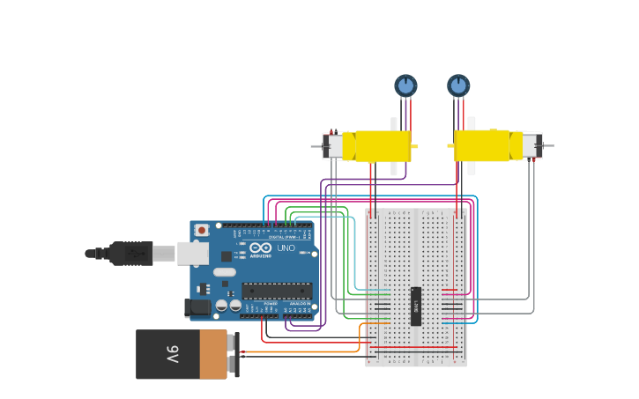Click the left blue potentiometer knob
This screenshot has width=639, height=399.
point(405,85)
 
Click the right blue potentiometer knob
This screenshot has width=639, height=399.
point(458,85)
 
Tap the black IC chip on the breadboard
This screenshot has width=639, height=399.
point(416,307)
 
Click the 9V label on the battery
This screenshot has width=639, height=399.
point(172,354)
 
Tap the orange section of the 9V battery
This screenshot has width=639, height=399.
point(212,354)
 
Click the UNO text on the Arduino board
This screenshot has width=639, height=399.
point(286,248)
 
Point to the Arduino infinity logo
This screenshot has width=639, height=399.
point(261,248)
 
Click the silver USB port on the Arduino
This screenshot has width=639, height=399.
point(193,254)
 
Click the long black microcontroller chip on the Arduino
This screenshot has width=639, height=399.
point(277,291)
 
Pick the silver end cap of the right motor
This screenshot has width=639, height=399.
point(531,145)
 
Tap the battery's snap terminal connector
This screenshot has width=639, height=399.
point(234,354)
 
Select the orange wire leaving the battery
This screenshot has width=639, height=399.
point(300,351)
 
